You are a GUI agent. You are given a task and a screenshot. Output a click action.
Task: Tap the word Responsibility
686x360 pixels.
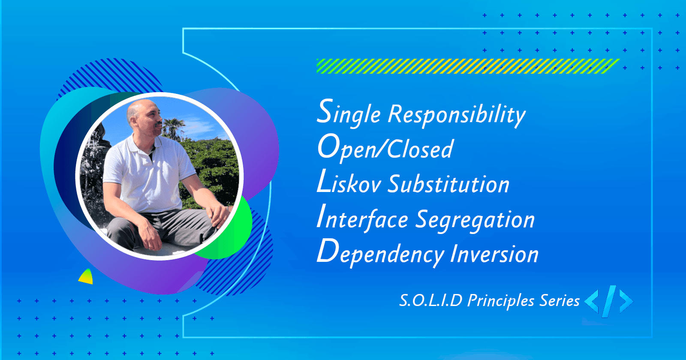(x=457, y=115)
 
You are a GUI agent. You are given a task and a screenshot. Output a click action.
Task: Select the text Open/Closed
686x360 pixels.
(x=385, y=148)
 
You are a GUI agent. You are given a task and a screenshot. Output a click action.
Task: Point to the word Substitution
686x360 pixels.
(x=448, y=184)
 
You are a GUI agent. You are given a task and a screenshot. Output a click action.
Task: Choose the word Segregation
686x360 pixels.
(x=475, y=220)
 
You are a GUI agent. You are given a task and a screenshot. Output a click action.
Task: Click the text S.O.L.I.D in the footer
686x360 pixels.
(x=430, y=300)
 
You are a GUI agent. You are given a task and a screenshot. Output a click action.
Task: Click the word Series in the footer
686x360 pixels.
(x=560, y=300)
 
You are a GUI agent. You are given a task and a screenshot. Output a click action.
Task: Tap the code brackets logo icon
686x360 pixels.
(x=609, y=301)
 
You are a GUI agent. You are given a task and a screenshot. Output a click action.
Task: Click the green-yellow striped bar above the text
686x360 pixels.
(x=467, y=66)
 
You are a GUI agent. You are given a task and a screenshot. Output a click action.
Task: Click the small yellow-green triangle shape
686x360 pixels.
(x=86, y=277)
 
